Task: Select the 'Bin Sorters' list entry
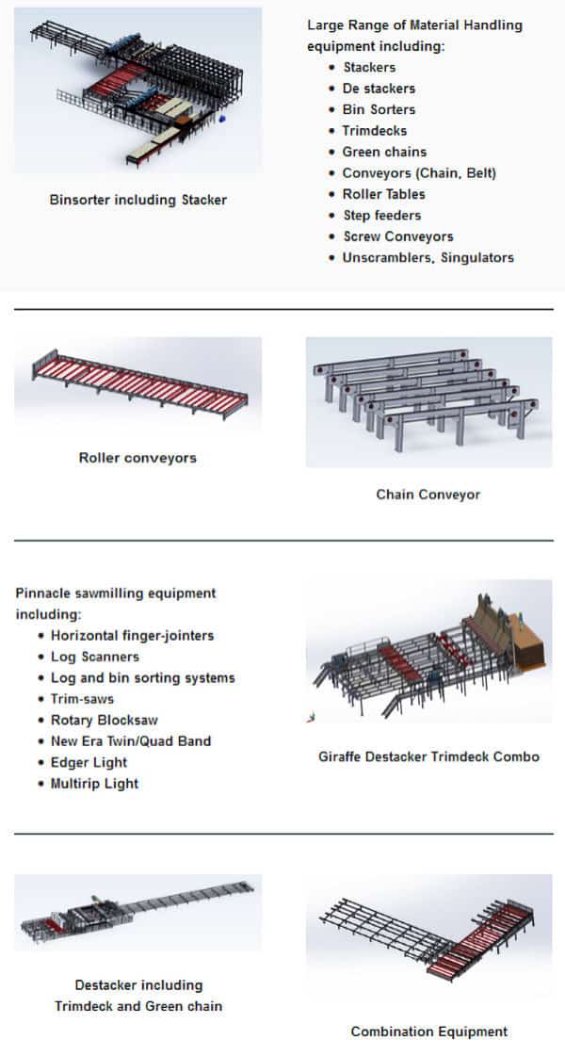(x=379, y=110)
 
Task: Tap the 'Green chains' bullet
(x=384, y=153)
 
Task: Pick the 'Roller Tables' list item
(x=383, y=195)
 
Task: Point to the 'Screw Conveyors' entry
(x=398, y=237)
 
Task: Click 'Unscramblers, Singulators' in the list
(x=428, y=258)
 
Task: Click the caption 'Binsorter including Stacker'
(x=138, y=200)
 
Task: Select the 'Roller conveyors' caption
(x=137, y=458)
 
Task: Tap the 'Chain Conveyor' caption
(x=428, y=495)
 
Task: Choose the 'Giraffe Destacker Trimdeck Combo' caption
(x=429, y=757)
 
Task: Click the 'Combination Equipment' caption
(x=429, y=1032)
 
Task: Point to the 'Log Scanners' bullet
(x=95, y=657)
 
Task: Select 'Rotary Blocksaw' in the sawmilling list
(x=105, y=720)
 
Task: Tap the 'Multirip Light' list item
(x=94, y=784)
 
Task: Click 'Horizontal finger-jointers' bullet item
(x=132, y=636)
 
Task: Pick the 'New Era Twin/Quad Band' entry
(x=131, y=741)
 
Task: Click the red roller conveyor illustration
(x=138, y=384)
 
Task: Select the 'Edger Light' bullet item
(x=89, y=763)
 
